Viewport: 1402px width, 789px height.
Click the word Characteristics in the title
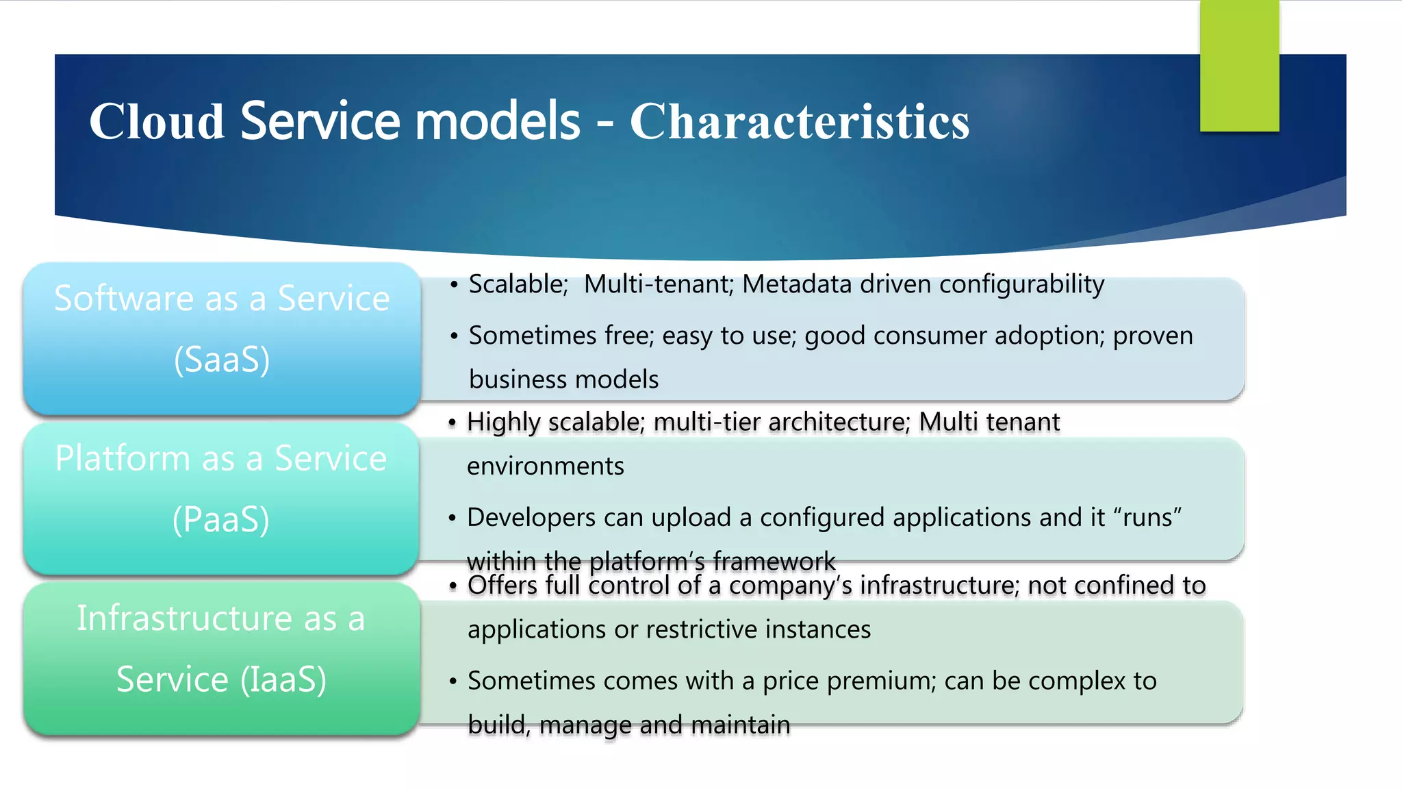click(799, 122)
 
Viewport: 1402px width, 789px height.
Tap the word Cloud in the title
click(157, 122)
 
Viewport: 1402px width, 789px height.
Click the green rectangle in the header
click(1239, 66)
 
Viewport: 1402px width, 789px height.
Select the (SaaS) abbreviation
click(222, 360)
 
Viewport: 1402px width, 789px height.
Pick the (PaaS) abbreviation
click(221, 520)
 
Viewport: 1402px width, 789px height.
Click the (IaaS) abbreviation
click(283, 679)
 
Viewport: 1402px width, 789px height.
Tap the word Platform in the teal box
click(123, 458)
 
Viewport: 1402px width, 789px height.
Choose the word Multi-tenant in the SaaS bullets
click(658, 284)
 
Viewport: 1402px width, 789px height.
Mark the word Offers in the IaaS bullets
click(502, 586)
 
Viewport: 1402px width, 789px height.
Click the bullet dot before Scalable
click(454, 285)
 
